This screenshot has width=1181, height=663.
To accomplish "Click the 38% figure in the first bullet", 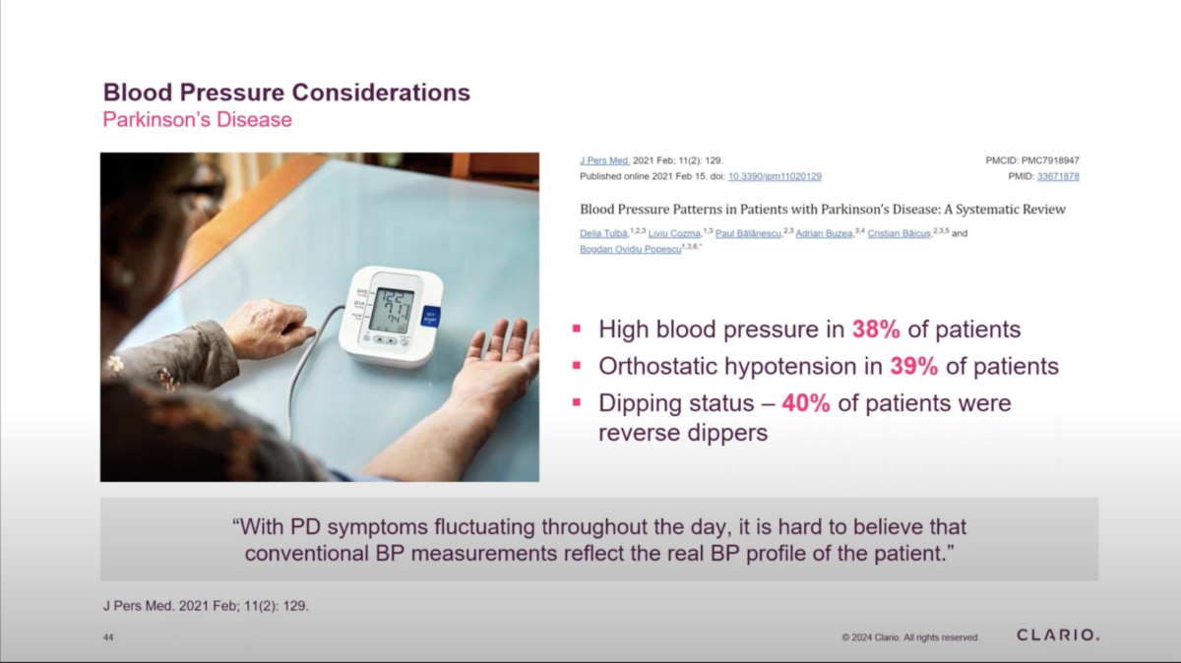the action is tap(876, 330).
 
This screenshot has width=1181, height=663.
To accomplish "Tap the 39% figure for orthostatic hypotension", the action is tap(914, 366).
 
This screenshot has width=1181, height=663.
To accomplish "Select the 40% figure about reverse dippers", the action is tap(806, 403).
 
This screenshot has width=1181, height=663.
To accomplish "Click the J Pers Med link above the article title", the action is tap(604, 160).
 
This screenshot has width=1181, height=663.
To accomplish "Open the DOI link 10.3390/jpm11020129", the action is tap(775, 176).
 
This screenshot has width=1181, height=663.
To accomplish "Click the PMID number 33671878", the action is tap(1058, 176).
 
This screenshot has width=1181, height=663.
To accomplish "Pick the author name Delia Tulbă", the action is tap(603, 233).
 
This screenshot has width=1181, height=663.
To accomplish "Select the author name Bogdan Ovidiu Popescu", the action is tap(630, 249).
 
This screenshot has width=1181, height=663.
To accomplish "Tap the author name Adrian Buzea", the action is tap(824, 233).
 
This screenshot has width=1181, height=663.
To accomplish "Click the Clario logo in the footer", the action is tap(1058, 635).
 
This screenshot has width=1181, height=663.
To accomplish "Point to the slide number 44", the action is tap(108, 637).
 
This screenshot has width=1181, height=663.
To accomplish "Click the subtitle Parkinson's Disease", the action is tap(197, 120).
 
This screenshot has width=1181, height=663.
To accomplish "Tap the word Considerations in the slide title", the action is tap(381, 92).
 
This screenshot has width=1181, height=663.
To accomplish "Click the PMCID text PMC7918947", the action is tap(1050, 160).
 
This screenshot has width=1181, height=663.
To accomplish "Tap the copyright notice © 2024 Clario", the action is tap(910, 637).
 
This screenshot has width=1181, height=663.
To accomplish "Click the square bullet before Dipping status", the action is tap(577, 402).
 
